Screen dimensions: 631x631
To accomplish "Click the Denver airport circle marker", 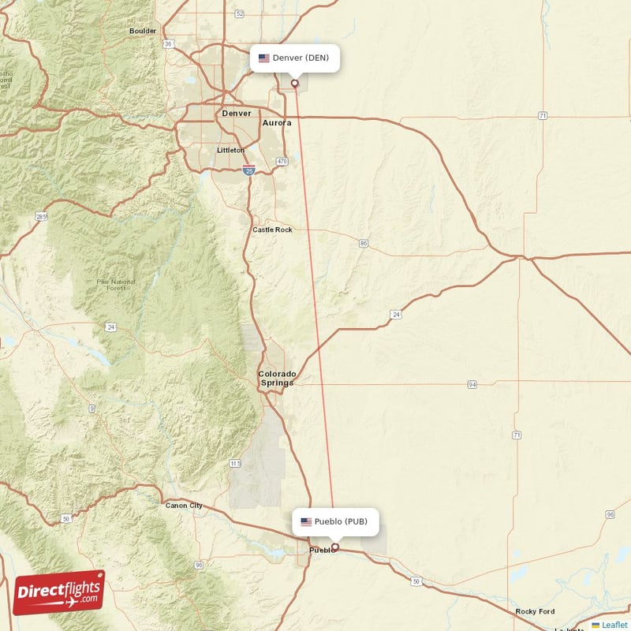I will pyautogui.click(x=295, y=83).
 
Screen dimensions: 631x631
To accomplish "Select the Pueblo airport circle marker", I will pyautogui.click(x=334, y=547).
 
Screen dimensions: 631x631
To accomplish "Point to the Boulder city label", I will pyautogui.click(x=143, y=31).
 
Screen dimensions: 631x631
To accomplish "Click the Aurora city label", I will pyautogui.click(x=277, y=123).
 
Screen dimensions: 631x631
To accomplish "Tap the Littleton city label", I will pyautogui.click(x=231, y=150).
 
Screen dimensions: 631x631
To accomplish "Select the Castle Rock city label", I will pyautogui.click(x=272, y=230).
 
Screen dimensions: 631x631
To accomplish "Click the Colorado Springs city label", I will pyautogui.click(x=278, y=379).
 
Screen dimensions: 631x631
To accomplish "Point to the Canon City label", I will pyautogui.click(x=184, y=506).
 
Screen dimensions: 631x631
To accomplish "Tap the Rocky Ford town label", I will pyautogui.click(x=535, y=611).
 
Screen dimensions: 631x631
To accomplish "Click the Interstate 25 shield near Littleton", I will pyautogui.click(x=249, y=170).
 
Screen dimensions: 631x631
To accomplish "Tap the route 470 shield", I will pyautogui.click(x=282, y=162).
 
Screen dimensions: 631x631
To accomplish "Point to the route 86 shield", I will pyautogui.click(x=363, y=243).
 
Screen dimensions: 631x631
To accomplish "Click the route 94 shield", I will pyautogui.click(x=472, y=384).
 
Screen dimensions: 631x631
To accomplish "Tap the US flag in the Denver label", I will pyautogui.click(x=263, y=58).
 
